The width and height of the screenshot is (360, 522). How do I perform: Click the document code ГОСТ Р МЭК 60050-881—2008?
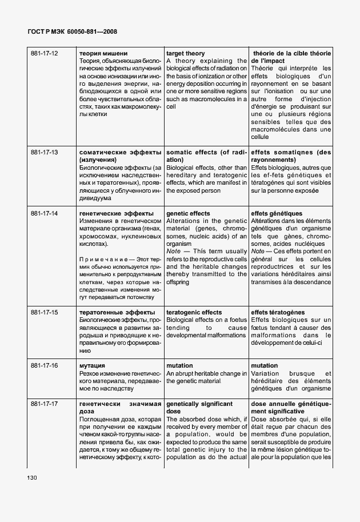[x=69, y=31]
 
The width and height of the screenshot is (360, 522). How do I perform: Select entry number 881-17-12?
[x=45, y=54]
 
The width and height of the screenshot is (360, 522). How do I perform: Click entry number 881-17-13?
[x=45, y=153]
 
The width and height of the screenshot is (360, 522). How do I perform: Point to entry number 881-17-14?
[x=45, y=213]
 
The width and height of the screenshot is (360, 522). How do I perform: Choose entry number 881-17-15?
[x=45, y=313]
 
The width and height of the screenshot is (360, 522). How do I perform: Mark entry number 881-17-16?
[x=45, y=365]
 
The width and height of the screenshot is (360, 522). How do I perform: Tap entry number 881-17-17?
[x=45, y=404]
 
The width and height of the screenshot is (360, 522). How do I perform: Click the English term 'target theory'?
[x=185, y=54]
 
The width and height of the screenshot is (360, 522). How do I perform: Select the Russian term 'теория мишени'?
[x=103, y=54]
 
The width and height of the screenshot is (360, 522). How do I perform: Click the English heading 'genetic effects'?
[x=188, y=213]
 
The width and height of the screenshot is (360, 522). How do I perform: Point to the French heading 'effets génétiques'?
[x=277, y=213]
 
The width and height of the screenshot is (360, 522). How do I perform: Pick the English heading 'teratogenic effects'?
[x=194, y=313]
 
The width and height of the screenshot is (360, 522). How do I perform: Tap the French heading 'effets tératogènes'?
[x=278, y=313]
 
